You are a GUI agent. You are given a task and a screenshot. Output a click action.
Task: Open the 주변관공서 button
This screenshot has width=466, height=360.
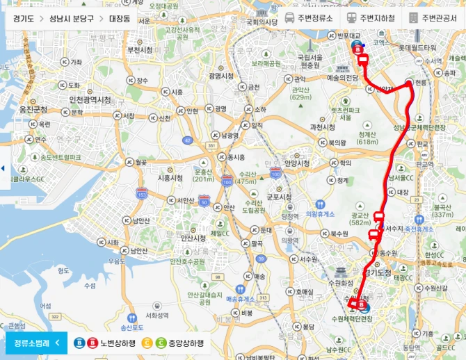pos(433,18)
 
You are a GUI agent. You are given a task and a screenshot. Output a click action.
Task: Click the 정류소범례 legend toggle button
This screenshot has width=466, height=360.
pos(35,342)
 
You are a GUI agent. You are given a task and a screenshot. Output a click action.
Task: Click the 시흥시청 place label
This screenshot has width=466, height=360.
pos(170,178)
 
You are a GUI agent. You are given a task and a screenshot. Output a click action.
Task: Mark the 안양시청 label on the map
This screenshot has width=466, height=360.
pos(296,163)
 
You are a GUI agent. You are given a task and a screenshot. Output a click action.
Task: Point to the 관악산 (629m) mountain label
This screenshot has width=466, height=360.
pos(300,92)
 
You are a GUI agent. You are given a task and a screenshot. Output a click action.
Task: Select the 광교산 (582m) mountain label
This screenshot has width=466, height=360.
pos(360,219)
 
